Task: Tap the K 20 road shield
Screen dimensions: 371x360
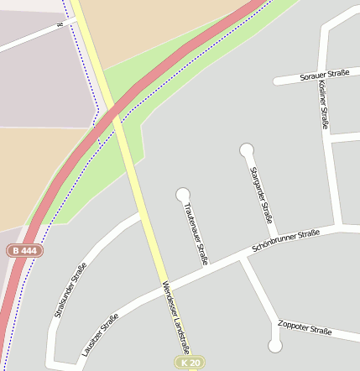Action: click(x=190, y=363)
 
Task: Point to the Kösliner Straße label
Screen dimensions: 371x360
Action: click(x=324, y=104)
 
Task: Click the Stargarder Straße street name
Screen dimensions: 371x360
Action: click(x=263, y=196)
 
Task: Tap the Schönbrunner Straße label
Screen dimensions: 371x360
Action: click(x=286, y=242)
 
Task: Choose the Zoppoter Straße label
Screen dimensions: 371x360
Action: click(x=305, y=327)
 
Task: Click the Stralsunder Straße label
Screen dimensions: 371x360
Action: click(x=70, y=290)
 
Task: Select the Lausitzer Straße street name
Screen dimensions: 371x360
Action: click(x=100, y=336)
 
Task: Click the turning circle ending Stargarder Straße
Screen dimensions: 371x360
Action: click(x=247, y=150)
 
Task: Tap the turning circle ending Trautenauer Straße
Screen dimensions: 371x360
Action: click(x=183, y=195)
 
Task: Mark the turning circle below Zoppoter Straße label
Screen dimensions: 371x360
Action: click(x=274, y=346)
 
